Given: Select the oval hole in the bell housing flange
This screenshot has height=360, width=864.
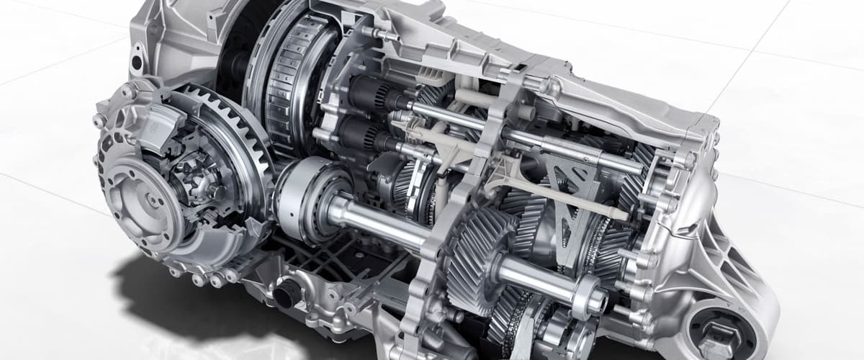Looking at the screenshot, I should pyautogui.click(x=136, y=60).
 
